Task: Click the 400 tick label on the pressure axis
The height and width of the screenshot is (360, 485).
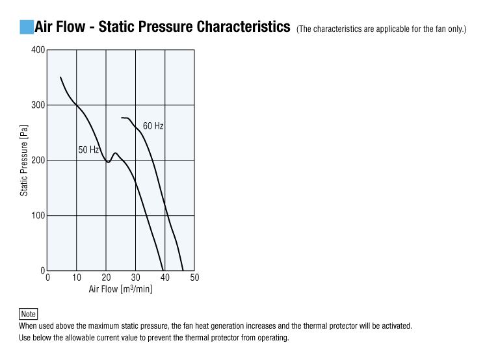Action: [x=38, y=50]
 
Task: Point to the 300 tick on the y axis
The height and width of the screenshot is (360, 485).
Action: [x=38, y=105]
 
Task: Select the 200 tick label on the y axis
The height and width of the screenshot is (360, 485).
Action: [x=38, y=161]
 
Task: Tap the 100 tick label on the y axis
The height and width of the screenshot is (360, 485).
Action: [x=38, y=216]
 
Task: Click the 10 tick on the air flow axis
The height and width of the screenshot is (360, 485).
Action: [x=77, y=278]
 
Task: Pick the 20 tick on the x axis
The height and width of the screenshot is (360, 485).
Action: [x=106, y=278]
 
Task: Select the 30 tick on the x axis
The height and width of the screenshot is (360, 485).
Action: [x=135, y=278]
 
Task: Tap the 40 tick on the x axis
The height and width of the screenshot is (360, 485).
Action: [x=164, y=278]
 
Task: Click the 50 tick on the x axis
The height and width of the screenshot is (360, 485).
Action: [x=194, y=278]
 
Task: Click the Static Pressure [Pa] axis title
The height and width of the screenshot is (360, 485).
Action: [x=24, y=161]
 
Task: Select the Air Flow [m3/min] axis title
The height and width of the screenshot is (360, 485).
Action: [x=120, y=289]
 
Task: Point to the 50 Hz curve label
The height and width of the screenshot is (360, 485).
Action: [x=88, y=150]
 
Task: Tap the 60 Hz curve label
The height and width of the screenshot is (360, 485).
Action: [x=153, y=126]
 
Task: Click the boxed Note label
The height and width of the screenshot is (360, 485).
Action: [x=29, y=314]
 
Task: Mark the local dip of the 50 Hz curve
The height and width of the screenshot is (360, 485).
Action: [x=107, y=162]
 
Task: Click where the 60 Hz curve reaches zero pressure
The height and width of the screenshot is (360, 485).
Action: [x=183, y=270]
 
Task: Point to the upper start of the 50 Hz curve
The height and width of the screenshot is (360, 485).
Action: [x=60, y=77]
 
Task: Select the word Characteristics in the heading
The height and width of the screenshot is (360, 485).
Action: [x=243, y=27]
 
